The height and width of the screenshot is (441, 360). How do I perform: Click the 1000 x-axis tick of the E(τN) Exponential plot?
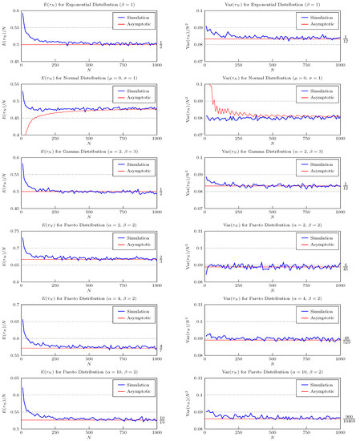coord(157,64)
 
